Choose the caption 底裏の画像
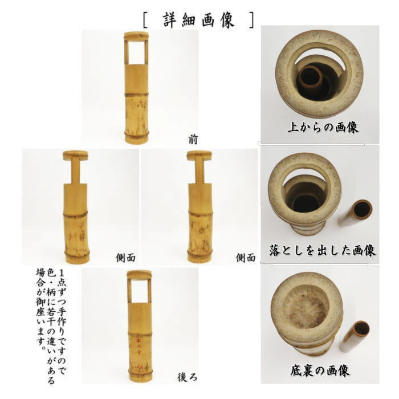point(323,371)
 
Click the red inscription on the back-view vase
point(137,345)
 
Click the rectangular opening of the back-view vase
point(137,291)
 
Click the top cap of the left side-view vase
point(76,154)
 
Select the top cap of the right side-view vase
point(199,154)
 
